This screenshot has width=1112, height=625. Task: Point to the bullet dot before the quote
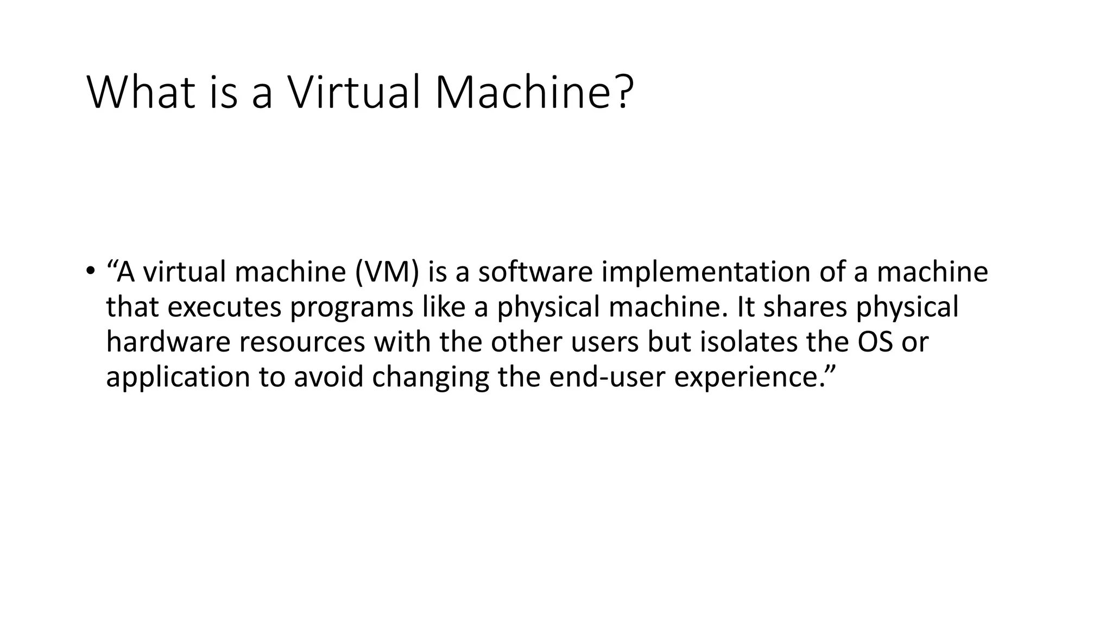click(x=90, y=270)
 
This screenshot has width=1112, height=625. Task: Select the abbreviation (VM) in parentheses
click(x=387, y=272)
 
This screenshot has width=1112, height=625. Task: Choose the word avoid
click(x=328, y=377)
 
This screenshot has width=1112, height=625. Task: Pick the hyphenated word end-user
click(x=607, y=377)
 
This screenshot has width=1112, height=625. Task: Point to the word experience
click(x=749, y=378)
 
